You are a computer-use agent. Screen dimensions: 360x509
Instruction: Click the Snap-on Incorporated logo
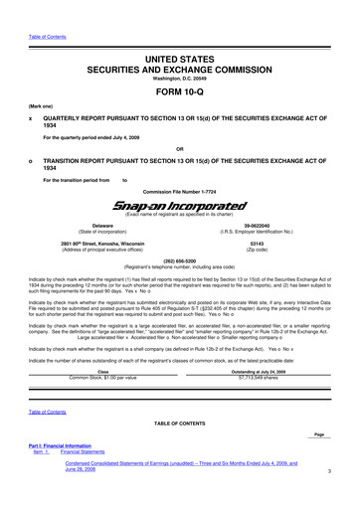pos(179,203)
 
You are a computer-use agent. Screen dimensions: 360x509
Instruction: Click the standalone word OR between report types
pos(180,151)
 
